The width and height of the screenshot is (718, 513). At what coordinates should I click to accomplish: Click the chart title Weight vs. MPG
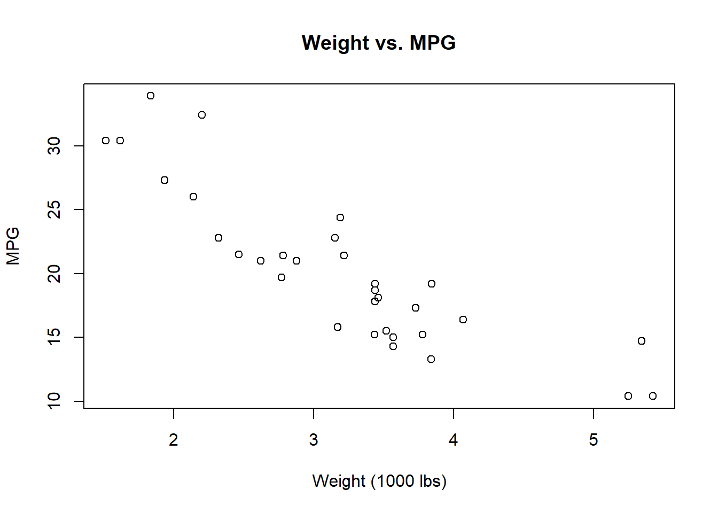378,43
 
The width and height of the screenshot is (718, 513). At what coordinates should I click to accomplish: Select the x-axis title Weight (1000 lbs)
379,481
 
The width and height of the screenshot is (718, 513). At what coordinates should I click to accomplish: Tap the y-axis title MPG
13,246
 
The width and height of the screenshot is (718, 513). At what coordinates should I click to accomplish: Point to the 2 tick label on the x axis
174,440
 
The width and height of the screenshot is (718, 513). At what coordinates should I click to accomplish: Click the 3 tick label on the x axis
314,440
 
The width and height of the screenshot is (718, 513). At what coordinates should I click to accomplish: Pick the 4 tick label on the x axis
454,440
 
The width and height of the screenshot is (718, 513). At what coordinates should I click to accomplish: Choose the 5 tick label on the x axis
594,440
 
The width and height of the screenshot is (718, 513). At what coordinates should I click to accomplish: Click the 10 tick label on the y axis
54,401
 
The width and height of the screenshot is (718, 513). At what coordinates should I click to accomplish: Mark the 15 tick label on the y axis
54,337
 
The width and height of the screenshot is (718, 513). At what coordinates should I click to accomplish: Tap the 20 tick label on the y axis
54,274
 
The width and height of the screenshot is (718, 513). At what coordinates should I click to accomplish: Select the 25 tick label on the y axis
54,209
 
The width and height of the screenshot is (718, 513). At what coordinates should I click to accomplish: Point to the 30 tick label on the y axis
54,146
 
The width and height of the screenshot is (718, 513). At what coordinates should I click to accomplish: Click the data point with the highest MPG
151,96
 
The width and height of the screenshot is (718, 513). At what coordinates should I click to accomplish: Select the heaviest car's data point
653,396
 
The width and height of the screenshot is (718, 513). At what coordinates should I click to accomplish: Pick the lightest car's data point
106,141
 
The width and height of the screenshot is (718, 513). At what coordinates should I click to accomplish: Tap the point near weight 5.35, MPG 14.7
642,341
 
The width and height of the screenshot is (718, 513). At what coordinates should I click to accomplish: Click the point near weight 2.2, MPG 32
202,115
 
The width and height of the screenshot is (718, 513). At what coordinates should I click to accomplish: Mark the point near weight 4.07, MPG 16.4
463,320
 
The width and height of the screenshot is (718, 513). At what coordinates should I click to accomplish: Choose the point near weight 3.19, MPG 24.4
340,217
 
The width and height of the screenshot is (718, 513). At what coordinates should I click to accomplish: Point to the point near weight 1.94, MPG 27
165,180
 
